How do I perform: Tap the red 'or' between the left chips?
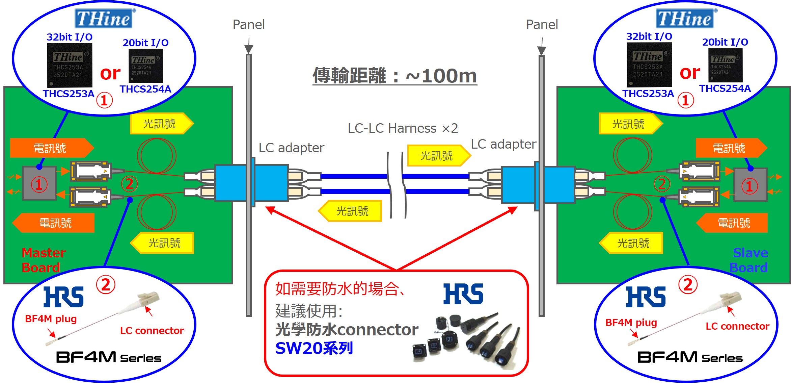pyautogui.click(x=110, y=73)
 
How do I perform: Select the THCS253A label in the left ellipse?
pyautogui.click(x=69, y=94)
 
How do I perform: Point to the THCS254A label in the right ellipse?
pyautogui.click(x=725, y=88)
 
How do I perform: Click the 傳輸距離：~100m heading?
pyautogui.click(x=395, y=75)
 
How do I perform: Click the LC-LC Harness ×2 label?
pyautogui.click(x=403, y=128)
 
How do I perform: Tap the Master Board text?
pyautogui.click(x=44, y=260)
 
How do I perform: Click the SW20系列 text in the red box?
pyautogui.click(x=314, y=348)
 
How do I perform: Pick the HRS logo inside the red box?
pyautogui.click(x=463, y=294)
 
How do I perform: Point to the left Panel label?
pyautogui.click(x=249, y=25)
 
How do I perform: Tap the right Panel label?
pyautogui.click(x=542, y=25)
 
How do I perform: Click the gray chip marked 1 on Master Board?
pyautogui.click(x=39, y=183)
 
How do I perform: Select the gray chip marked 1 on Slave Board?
pyautogui.click(x=751, y=185)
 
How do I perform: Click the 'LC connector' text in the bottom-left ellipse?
pyautogui.click(x=152, y=330)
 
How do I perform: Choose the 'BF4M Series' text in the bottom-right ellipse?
pyautogui.click(x=690, y=357)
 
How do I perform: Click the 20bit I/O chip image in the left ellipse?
pyautogui.click(x=146, y=66)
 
